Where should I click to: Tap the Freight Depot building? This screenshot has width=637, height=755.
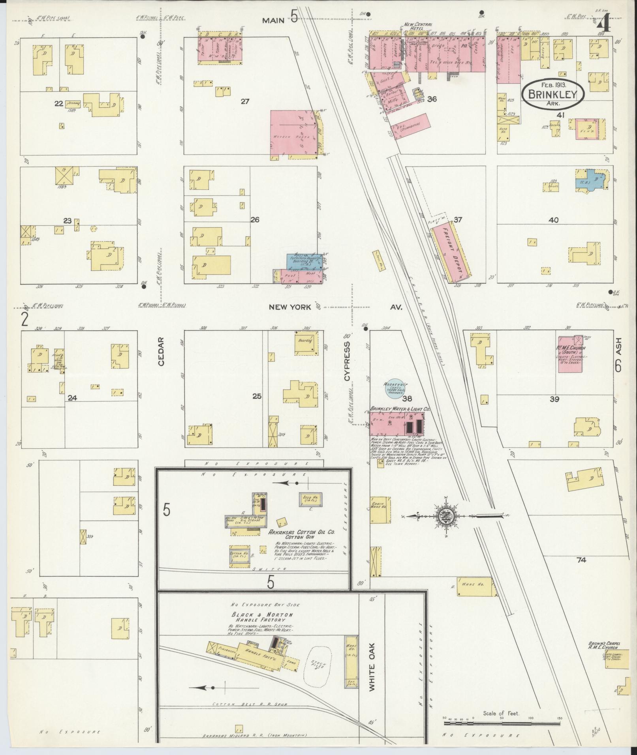(x=451, y=253)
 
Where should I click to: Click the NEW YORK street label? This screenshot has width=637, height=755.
(x=290, y=307)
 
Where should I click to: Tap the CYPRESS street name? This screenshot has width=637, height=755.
(x=347, y=361)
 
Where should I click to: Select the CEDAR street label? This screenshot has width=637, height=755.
(x=160, y=352)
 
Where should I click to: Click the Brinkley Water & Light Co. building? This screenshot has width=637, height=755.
(x=396, y=424)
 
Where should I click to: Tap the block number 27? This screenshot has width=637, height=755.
(x=245, y=101)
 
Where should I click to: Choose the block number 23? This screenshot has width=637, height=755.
(x=68, y=221)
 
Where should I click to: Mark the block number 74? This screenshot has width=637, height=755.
(x=581, y=560)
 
